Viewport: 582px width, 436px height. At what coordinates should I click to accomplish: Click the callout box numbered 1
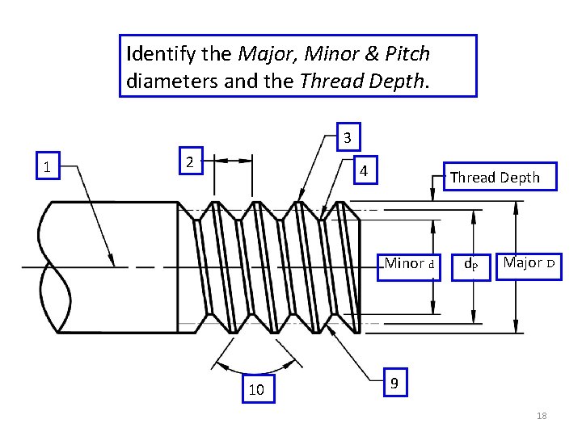(x=48, y=168)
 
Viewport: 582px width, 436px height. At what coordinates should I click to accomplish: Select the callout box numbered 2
(x=189, y=161)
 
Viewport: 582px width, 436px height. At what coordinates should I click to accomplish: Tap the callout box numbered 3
(x=347, y=138)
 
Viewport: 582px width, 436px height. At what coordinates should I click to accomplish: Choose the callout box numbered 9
(x=394, y=384)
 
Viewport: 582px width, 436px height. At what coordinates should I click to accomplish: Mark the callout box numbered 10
(x=257, y=388)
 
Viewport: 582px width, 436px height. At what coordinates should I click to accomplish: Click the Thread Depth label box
(x=495, y=178)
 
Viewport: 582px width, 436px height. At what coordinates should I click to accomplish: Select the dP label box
(x=470, y=264)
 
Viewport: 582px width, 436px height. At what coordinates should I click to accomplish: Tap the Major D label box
(x=529, y=263)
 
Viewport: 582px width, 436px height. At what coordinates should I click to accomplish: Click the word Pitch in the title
(x=409, y=55)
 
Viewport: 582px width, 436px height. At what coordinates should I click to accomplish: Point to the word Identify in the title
(x=158, y=55)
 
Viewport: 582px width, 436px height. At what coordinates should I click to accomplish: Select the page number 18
(x=542, y=416)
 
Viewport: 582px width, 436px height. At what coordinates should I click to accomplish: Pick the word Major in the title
(x=264, y=55)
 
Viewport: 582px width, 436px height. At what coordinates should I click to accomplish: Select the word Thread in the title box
(x=327, y=81)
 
